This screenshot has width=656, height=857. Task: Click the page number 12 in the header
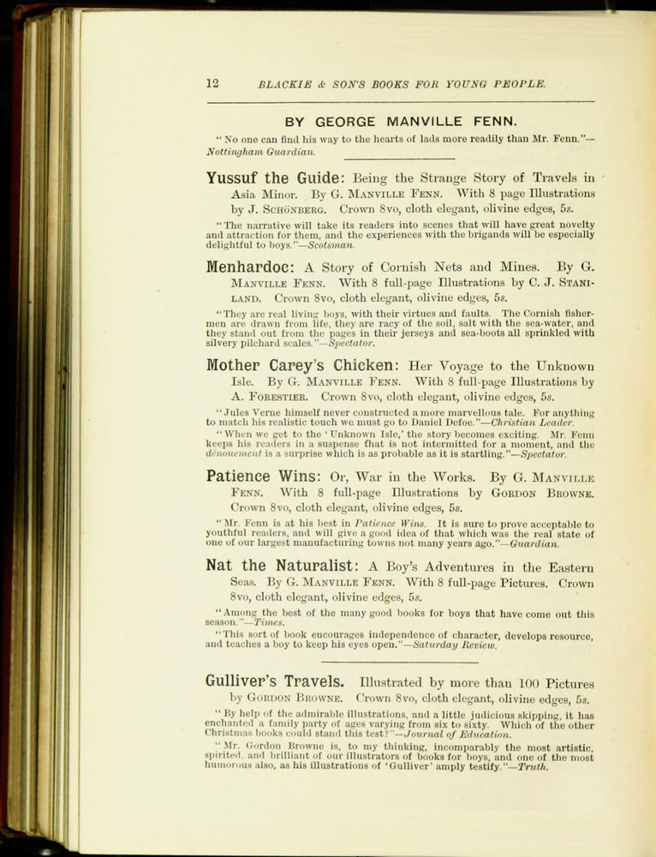point(213,84)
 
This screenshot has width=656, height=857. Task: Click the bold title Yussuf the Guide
point(274,178)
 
